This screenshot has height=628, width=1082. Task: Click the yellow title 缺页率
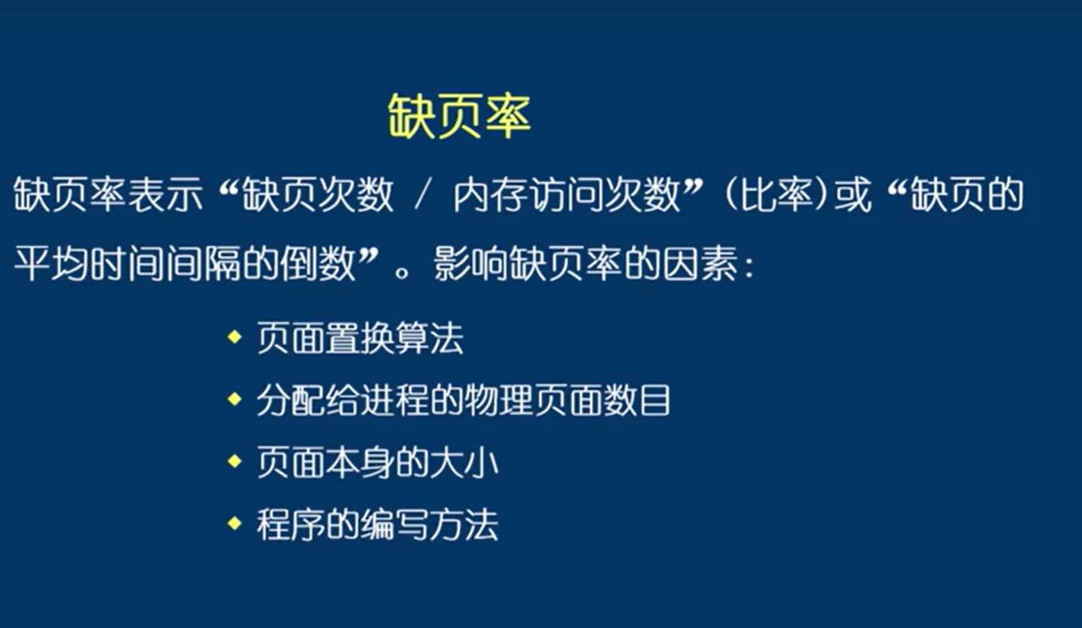(459, 117)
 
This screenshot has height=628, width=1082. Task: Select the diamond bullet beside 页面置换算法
(234, 338)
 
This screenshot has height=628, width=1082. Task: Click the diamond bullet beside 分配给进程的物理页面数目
(234, 400)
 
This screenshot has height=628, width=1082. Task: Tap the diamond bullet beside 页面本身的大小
(234, 462)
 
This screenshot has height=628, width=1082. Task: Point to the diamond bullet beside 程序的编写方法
(234, 524)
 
